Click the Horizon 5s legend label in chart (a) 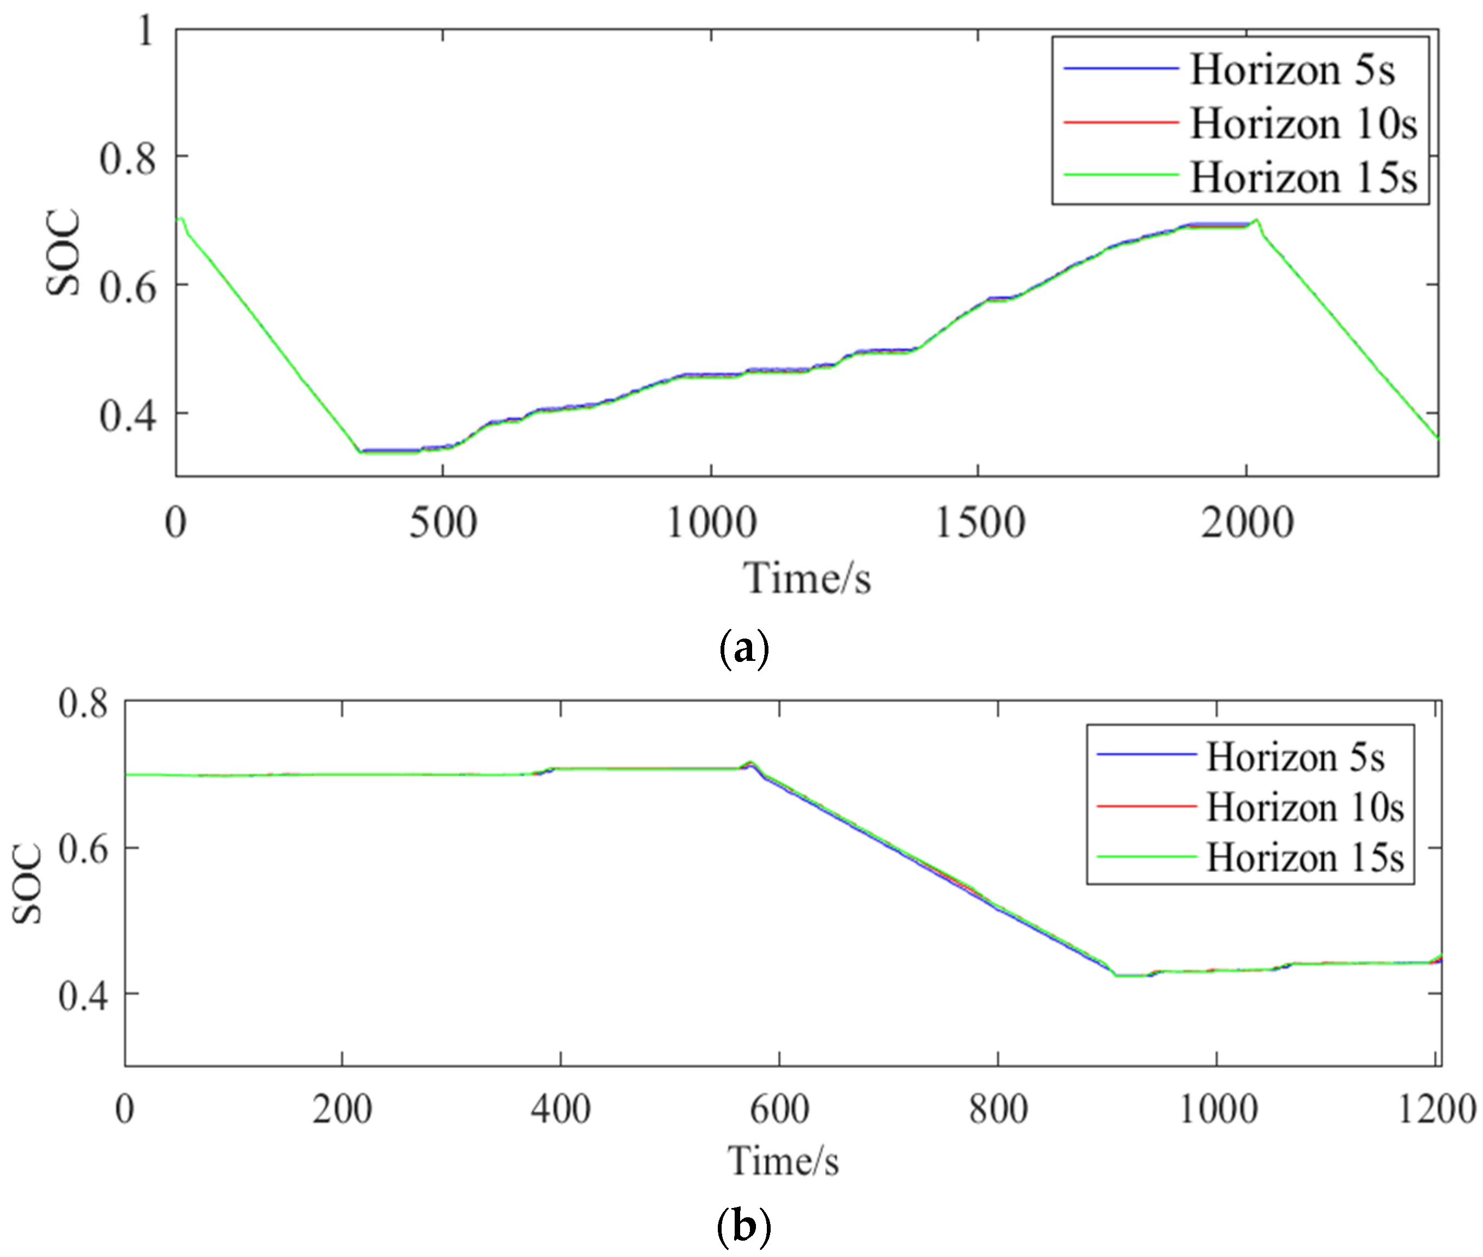1292,71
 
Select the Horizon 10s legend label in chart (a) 1303,124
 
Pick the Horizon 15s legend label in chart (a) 1303,177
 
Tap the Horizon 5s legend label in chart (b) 1295,757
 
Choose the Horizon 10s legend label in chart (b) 1305,807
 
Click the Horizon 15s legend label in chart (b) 1305,858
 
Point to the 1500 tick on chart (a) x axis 979,523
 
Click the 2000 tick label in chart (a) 1246,523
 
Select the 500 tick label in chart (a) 443,523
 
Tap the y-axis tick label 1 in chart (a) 145,32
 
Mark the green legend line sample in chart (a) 1121,175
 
